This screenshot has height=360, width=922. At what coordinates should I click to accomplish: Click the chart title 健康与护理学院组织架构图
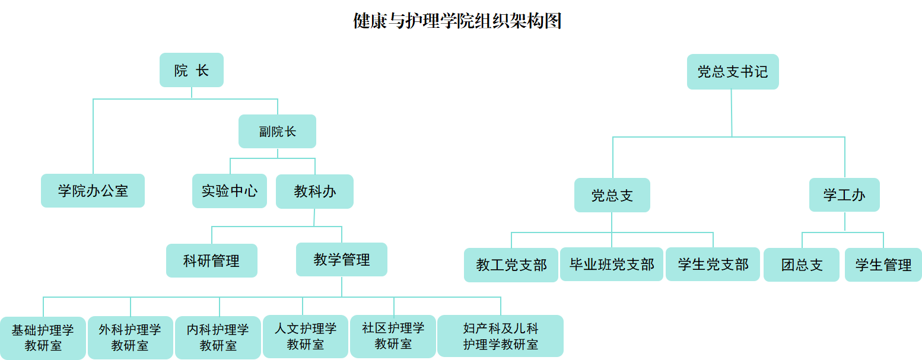[457, 21]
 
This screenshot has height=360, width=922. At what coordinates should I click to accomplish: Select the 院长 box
[192, 71]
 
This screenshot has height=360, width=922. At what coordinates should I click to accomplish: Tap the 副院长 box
[277, 132]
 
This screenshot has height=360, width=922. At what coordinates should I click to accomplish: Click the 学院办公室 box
[93, 190]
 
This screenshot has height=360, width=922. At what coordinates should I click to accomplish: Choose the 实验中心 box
[230, 191]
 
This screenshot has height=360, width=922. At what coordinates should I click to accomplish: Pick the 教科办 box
[314, 191]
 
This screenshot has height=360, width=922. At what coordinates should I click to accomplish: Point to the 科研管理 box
[212, 260]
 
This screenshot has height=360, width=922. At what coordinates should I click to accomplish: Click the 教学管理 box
[342, 259]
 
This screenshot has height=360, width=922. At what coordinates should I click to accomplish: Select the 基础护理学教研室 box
[43, 338]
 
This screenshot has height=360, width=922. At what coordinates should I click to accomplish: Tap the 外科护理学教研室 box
[130, 337]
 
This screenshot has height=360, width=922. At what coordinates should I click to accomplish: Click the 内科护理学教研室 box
[218, 337]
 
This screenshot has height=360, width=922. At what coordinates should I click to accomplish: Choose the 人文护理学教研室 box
[305, 336]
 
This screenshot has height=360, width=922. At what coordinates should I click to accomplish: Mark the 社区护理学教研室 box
[393, 336]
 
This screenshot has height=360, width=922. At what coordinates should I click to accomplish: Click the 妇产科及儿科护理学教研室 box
[500, 336]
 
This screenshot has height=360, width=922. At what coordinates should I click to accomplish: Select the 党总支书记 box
[733, 72]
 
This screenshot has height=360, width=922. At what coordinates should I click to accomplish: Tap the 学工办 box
[844, 195]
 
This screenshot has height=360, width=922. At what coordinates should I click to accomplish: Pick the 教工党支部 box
[511, 265]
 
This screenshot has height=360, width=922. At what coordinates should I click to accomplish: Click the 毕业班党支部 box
[612, 264]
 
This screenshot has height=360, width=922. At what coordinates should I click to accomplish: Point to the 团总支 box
[802, 265]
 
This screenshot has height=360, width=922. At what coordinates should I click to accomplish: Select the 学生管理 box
[883, 265]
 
